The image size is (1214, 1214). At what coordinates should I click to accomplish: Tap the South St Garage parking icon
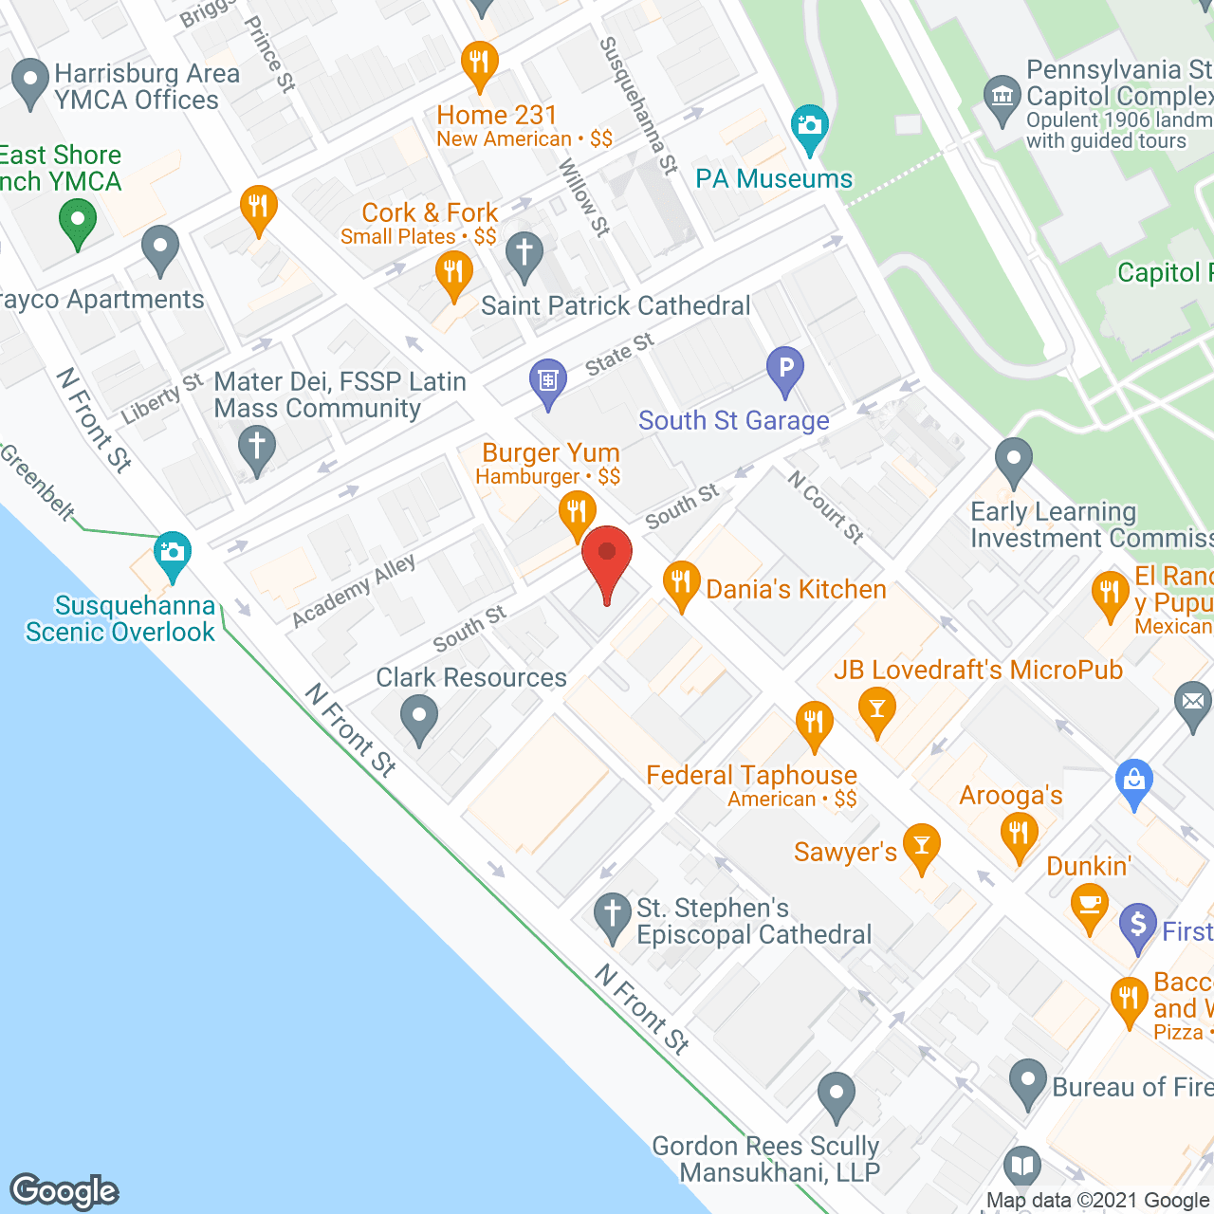click(x=785, y=369)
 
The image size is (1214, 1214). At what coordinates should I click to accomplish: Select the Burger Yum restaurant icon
click(x=577, y=513)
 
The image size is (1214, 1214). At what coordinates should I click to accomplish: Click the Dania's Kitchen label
click(x=796, y=589)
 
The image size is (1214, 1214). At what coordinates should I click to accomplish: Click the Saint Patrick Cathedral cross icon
click(x=524, y=254)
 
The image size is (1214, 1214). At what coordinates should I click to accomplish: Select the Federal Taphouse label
click(x=751, y=775)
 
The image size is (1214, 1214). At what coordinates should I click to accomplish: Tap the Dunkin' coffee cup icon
click(x=1090, y=905)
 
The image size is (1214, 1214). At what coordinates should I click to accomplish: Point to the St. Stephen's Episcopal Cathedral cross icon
click(x=613, y=915)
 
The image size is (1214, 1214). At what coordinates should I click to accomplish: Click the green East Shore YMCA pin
click(x=78, y=224)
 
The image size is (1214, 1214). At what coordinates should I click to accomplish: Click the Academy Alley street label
click(x=354, y=591)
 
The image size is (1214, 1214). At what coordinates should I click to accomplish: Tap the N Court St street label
click(x=826, y=507)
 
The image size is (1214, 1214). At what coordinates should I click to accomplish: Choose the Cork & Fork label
click(x=430, y=212)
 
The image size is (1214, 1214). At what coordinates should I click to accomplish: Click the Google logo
click(x=64, y=1191)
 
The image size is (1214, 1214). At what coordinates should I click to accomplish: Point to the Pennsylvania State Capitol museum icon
click(x=1002, y=97)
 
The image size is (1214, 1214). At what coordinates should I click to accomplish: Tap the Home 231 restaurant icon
click(x=480, y=64)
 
